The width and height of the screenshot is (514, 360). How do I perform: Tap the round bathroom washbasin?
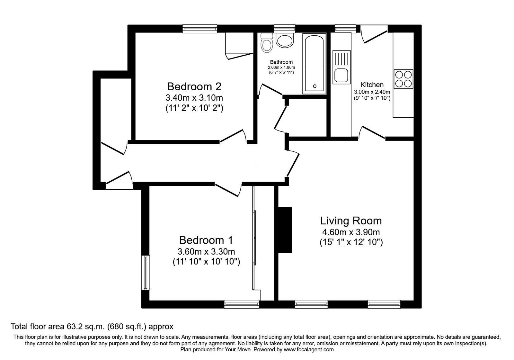pos(285,41)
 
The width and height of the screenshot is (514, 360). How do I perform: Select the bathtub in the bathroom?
pos(314,64)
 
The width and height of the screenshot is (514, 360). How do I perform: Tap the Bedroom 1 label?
pos(206,240)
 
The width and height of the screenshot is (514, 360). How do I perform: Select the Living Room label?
pos(351,221)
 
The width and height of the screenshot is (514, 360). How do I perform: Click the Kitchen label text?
pos(372,85)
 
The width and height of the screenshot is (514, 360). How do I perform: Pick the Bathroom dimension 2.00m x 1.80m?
pos(281,67)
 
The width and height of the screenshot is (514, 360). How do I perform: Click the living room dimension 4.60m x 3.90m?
pos(351,232)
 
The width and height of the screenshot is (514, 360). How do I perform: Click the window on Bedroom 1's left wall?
pos(146,273)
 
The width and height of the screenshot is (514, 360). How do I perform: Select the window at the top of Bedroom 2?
pos(200,29)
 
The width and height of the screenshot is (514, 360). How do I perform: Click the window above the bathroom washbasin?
pos(285,29)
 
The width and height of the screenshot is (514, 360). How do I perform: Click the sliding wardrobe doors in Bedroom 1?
pos(254,238)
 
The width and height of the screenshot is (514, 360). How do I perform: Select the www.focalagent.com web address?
pos(309,349)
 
